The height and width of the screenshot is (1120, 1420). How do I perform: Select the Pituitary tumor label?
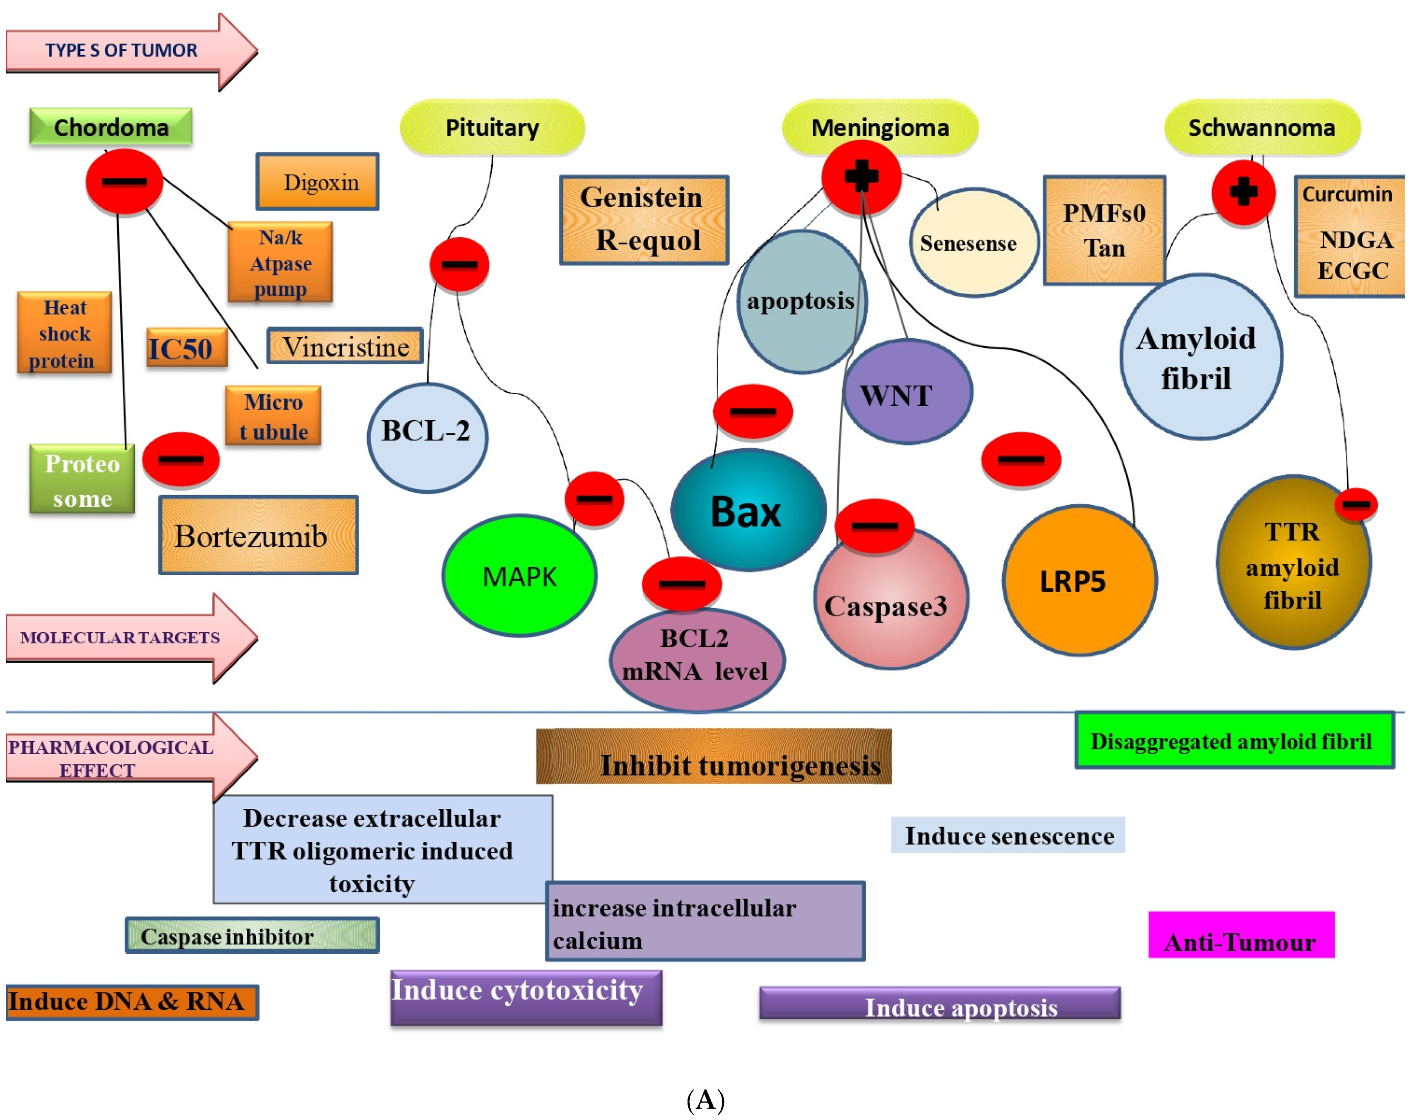[x=492, y=127]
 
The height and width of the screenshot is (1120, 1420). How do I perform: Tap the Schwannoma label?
[x=1262, y=127]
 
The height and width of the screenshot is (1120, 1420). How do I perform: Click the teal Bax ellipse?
[x=747, y=511]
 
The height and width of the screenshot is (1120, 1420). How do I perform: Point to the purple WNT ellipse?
[x=908, y=393]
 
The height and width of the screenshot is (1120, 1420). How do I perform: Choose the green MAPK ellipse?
[x=519, y=576]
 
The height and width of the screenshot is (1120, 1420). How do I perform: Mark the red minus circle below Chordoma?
[x=124, y=181]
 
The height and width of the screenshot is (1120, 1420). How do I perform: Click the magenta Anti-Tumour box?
[x=1240, y=935]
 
